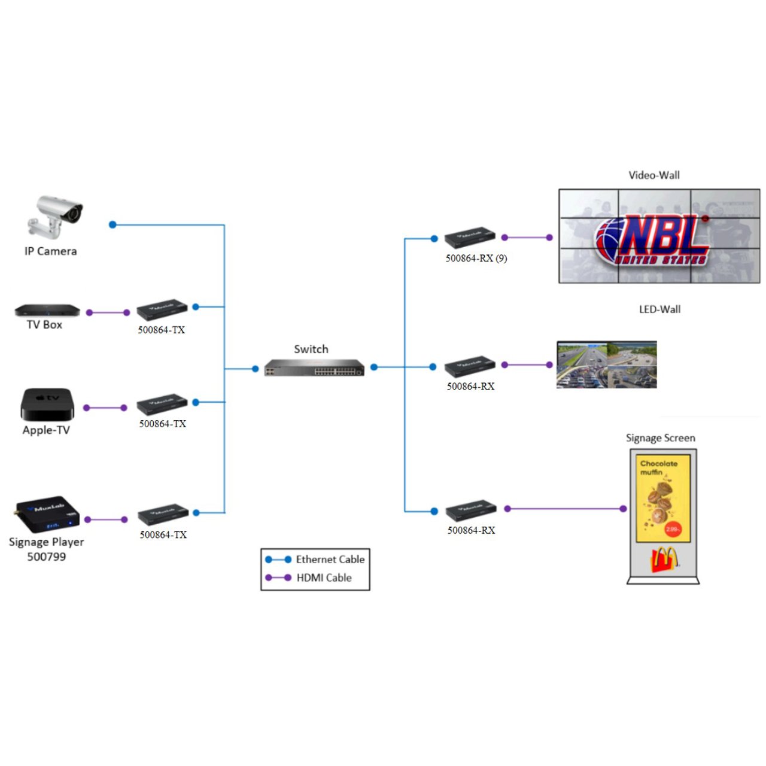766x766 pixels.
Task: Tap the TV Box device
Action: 47,310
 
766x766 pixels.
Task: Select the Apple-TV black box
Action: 47,405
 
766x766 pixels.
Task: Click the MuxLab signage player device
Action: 47,513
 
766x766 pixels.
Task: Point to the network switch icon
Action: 314,367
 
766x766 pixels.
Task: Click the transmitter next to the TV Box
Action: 162,309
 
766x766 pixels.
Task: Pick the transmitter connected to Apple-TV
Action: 162,405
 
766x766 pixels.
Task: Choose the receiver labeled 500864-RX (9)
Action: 470,238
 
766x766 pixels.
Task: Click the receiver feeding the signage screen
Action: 471,509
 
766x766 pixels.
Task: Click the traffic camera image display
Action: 606,364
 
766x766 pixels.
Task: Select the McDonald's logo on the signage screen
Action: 664,561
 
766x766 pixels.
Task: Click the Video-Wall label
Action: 653,175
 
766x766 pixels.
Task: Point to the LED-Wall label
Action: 659,309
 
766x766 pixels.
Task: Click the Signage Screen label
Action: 660,438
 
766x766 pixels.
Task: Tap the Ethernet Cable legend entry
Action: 330,560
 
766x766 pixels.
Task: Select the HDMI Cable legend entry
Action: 324,577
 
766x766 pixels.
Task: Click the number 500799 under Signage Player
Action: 46,557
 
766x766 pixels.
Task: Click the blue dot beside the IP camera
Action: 113,224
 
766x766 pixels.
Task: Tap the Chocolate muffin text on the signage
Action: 658,467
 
